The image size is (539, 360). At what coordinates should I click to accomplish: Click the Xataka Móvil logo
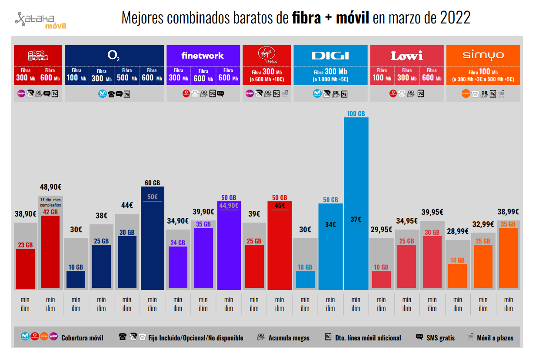pyautogui.click(x=40, y=20)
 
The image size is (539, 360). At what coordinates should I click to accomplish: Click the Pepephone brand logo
pyautogui.click(x=38, y=56)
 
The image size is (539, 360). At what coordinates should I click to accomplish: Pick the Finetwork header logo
pyautogui.click(x=203, y=56)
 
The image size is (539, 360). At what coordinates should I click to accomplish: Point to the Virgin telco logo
pyautogui.click(x=266, y=55)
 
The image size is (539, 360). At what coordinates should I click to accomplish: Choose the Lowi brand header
pyautogui.click(x=406, y=56)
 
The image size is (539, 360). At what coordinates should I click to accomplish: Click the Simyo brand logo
pyautogui.click(x=483, y=55)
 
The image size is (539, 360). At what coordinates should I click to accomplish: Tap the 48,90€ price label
pyautogui.click(x=50, y=187)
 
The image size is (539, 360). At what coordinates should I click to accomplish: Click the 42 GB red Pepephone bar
pyautogui.click(x=50, y=252)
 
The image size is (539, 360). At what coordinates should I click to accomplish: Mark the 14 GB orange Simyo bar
pyautogui.click(x=457, y=276)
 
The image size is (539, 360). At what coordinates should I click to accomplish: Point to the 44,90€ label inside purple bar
pyautogui.click(x=229, y=206)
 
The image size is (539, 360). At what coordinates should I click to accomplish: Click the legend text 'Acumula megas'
pyautogui.click(x=289, y=338)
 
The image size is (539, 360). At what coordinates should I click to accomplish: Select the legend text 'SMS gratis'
pyautogui.click(x=441, y=338)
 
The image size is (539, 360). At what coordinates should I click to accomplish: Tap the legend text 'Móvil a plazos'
pyautogui.click(x=495, y=338)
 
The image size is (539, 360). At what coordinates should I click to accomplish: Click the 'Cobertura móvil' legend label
pyautogui.click(x=82, y=338)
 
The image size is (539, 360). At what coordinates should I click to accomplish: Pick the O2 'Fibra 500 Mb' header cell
pyautogui.click(x=127, y=75)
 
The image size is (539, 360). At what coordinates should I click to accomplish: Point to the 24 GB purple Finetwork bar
pyautogui.click(x=178, y=267)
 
